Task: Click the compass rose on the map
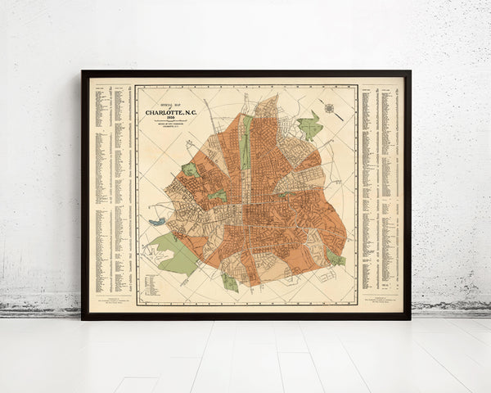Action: click(x=329, y=107)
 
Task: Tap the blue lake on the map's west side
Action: click(x=156, y=221)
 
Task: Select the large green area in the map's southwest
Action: click(x=175, y=254)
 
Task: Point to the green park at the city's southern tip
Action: click(x=230, y=282)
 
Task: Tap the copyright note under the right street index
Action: click(x=381, y=303)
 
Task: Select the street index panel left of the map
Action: click(x=112, y=188)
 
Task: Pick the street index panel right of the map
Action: click(x=381, y=188)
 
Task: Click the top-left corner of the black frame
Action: click(x=83, y=72)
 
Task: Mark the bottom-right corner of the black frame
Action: click(x=409, y=318)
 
